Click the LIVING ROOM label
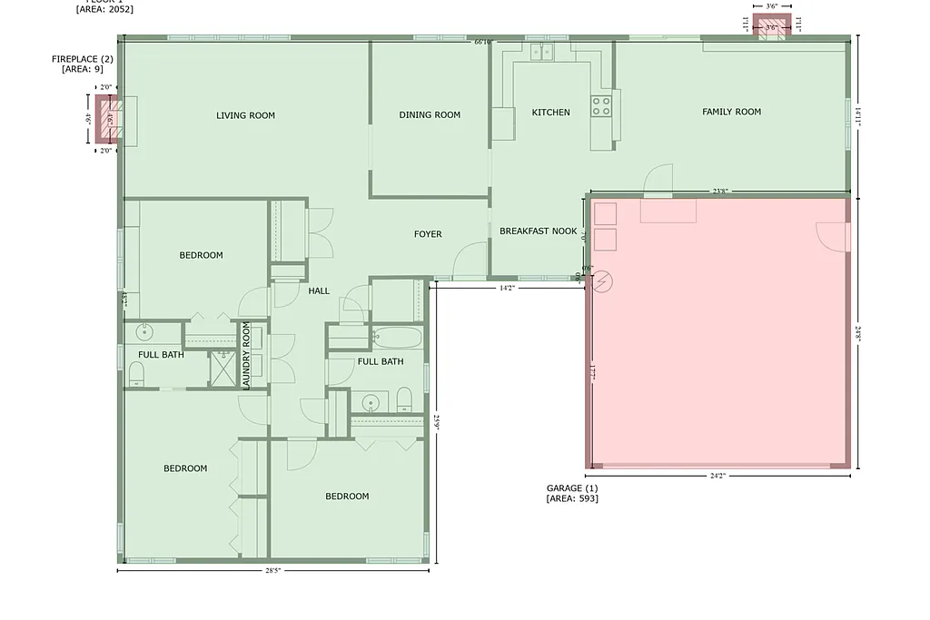pos(245,115)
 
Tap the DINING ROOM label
pos(430,115)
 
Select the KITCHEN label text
pos(550,113)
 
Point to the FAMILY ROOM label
pos(731,112)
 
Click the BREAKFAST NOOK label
pos(538,231)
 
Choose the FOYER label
pos(428,234)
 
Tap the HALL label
pos(319,291)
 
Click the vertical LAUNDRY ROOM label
pos(246,356)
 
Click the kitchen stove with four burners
pos(601,105)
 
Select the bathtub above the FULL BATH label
pos(398,339)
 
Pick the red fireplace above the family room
pos(771,26)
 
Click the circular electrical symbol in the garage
pos(602,280)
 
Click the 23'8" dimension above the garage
pos(720,192)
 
